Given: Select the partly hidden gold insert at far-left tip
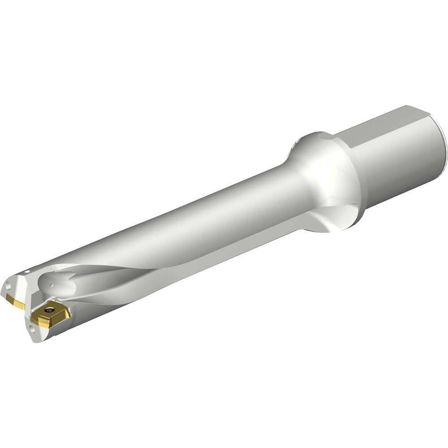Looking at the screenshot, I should tap(17, 303).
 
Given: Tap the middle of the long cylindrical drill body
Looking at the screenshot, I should tap(179, 224).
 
